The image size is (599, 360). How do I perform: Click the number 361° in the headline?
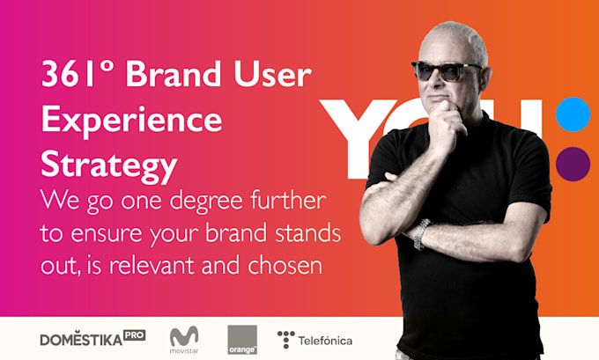click(78, 74)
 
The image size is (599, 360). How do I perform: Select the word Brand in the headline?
click(174, 73)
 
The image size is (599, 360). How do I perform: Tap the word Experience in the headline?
click(131, 120)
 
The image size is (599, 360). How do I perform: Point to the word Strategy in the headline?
click(109, 165)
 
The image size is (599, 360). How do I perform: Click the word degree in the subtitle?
click(206, 202)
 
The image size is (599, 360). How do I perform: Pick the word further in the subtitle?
click(288, 199)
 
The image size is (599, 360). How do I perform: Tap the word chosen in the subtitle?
click(285, 264)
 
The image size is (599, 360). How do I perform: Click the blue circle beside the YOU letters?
click(573, 114)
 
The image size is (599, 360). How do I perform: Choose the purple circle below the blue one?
click(573, 165)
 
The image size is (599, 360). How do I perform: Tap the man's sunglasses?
click(446, 70)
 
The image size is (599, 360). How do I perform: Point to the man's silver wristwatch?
click(421, 234)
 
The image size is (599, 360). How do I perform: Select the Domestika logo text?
click(81, 339)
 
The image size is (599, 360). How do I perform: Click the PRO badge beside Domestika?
click(135, 335)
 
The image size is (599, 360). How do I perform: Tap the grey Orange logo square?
click(242, 340)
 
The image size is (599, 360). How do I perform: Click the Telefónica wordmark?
click(325, 341)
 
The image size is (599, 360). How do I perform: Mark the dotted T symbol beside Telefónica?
click(286, 340)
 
